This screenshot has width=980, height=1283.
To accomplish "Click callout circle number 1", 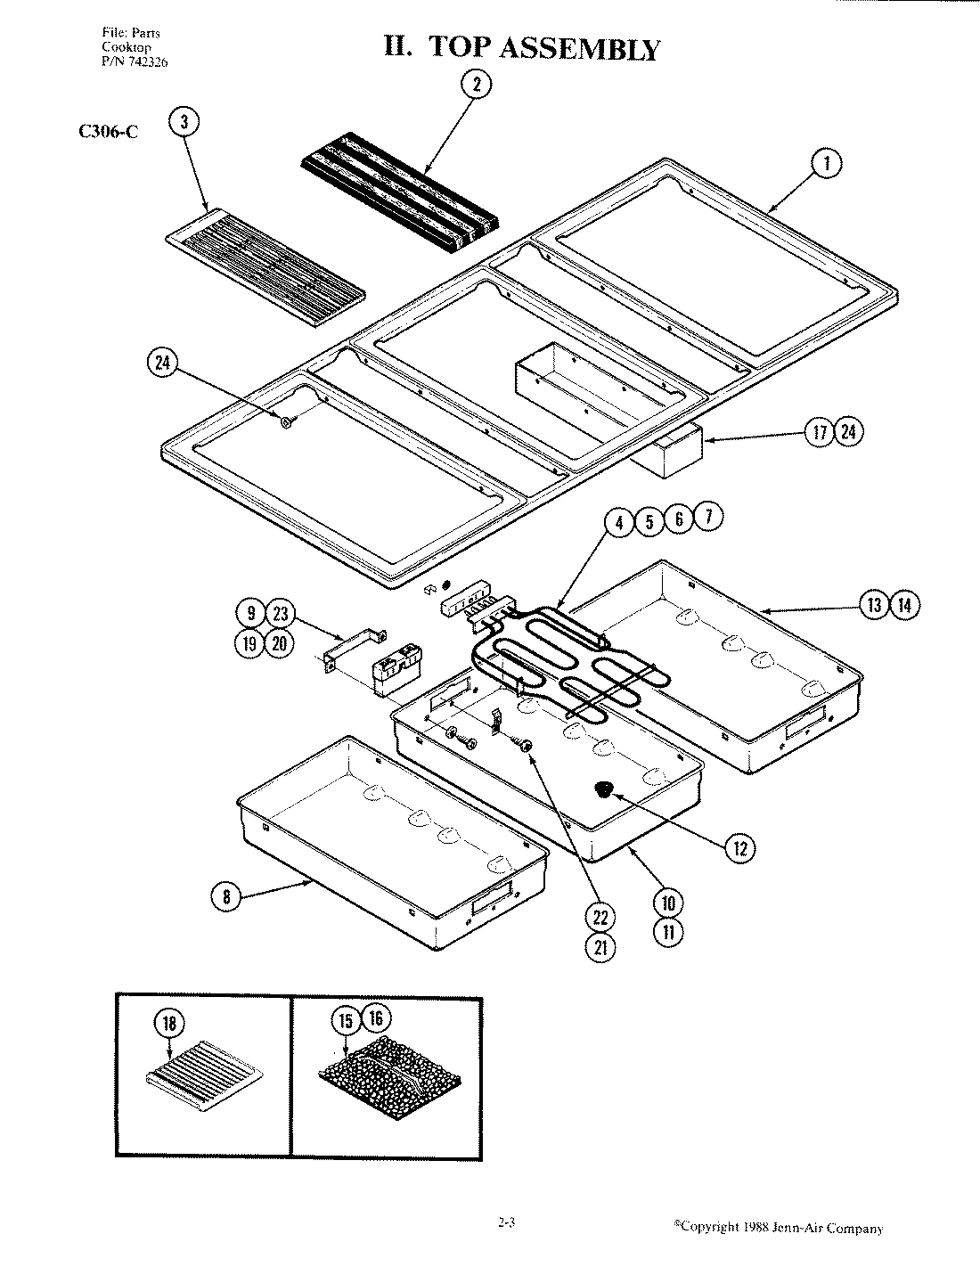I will pos(826,163).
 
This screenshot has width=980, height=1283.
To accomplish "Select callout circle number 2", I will pos(476,85).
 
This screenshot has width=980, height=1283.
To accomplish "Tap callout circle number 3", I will pos(184,123).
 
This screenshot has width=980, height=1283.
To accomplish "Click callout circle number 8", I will pos(226,897).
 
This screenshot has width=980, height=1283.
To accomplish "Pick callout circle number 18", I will pos(169,1025).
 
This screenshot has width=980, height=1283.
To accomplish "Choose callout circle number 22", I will pos(600,917).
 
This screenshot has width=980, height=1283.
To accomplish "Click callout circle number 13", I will pos(875,606).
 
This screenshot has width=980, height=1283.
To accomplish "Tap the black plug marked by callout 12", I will pos(606,789).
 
